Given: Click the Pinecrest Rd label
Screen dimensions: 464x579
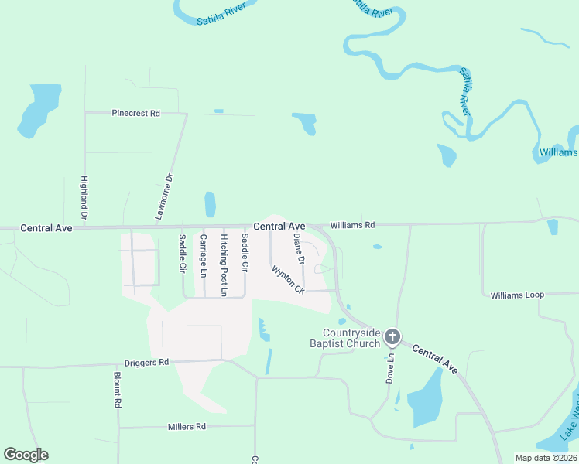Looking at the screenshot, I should point(135,113).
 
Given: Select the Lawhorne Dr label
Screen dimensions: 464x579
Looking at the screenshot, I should point(163,198).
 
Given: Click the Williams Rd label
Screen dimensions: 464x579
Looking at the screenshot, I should point(352,225).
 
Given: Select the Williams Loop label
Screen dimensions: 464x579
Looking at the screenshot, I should point(518,295).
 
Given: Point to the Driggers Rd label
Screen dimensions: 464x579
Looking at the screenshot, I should point(146,362).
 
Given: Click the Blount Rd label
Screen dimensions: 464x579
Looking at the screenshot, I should point(117,390).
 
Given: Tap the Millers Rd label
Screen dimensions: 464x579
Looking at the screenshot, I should point(187,426).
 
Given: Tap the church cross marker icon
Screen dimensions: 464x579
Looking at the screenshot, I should point(392,337).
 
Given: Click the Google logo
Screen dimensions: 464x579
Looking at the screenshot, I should point(26,455).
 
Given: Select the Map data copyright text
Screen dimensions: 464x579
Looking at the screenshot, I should point(546,458).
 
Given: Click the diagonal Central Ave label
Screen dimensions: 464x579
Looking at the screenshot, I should point(435,360).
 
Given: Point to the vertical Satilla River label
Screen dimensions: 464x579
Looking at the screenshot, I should point(467,91).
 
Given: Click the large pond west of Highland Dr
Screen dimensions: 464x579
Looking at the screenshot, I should point(39,108).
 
